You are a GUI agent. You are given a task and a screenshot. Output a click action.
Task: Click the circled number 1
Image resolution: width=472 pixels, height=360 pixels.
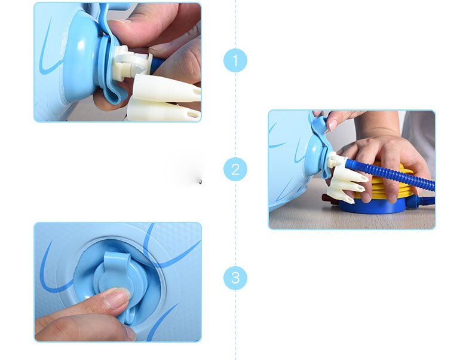235,60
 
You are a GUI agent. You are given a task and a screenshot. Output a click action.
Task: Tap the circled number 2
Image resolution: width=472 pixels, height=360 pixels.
235,169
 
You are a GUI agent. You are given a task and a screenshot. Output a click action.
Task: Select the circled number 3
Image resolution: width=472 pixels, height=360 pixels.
235,277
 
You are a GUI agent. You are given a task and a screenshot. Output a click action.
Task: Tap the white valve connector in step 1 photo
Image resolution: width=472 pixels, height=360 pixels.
131,63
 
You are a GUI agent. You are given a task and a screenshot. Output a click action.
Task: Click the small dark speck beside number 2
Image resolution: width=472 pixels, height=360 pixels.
201,181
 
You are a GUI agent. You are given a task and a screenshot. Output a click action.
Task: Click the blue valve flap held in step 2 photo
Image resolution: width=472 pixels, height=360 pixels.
318,124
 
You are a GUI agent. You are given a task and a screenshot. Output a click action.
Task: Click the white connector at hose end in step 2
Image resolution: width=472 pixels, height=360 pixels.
336,159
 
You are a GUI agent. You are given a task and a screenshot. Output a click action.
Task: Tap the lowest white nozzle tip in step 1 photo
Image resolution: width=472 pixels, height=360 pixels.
164,111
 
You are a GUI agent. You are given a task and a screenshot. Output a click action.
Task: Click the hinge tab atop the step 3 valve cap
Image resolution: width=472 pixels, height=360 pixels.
117,259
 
